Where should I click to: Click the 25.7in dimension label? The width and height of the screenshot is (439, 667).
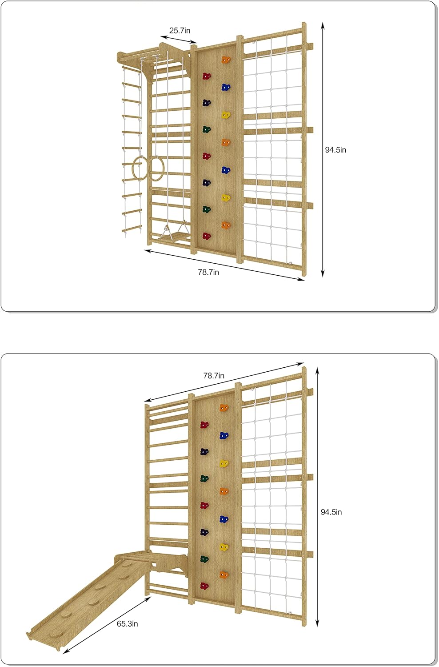coord(180,30)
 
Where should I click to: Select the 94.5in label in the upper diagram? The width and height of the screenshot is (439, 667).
coord(335,150)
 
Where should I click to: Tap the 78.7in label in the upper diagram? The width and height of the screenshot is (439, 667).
coord(208,272)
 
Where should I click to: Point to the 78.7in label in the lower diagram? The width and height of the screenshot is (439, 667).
coord(214,375)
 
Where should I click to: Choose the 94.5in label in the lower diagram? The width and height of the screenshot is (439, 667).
coord(331,512)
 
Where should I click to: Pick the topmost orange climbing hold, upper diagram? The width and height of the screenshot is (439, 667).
coord(226,60)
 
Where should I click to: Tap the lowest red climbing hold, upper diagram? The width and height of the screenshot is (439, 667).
coord(207,236)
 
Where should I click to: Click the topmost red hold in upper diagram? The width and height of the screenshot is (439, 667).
coord(206,76)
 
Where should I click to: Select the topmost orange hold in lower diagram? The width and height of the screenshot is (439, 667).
coord(224,408)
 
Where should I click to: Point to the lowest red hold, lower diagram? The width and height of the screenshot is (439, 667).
coord(204,586)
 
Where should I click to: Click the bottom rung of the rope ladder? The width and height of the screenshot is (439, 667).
coord(131,230)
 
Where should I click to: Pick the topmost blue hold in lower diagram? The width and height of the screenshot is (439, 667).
coord(224,435)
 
